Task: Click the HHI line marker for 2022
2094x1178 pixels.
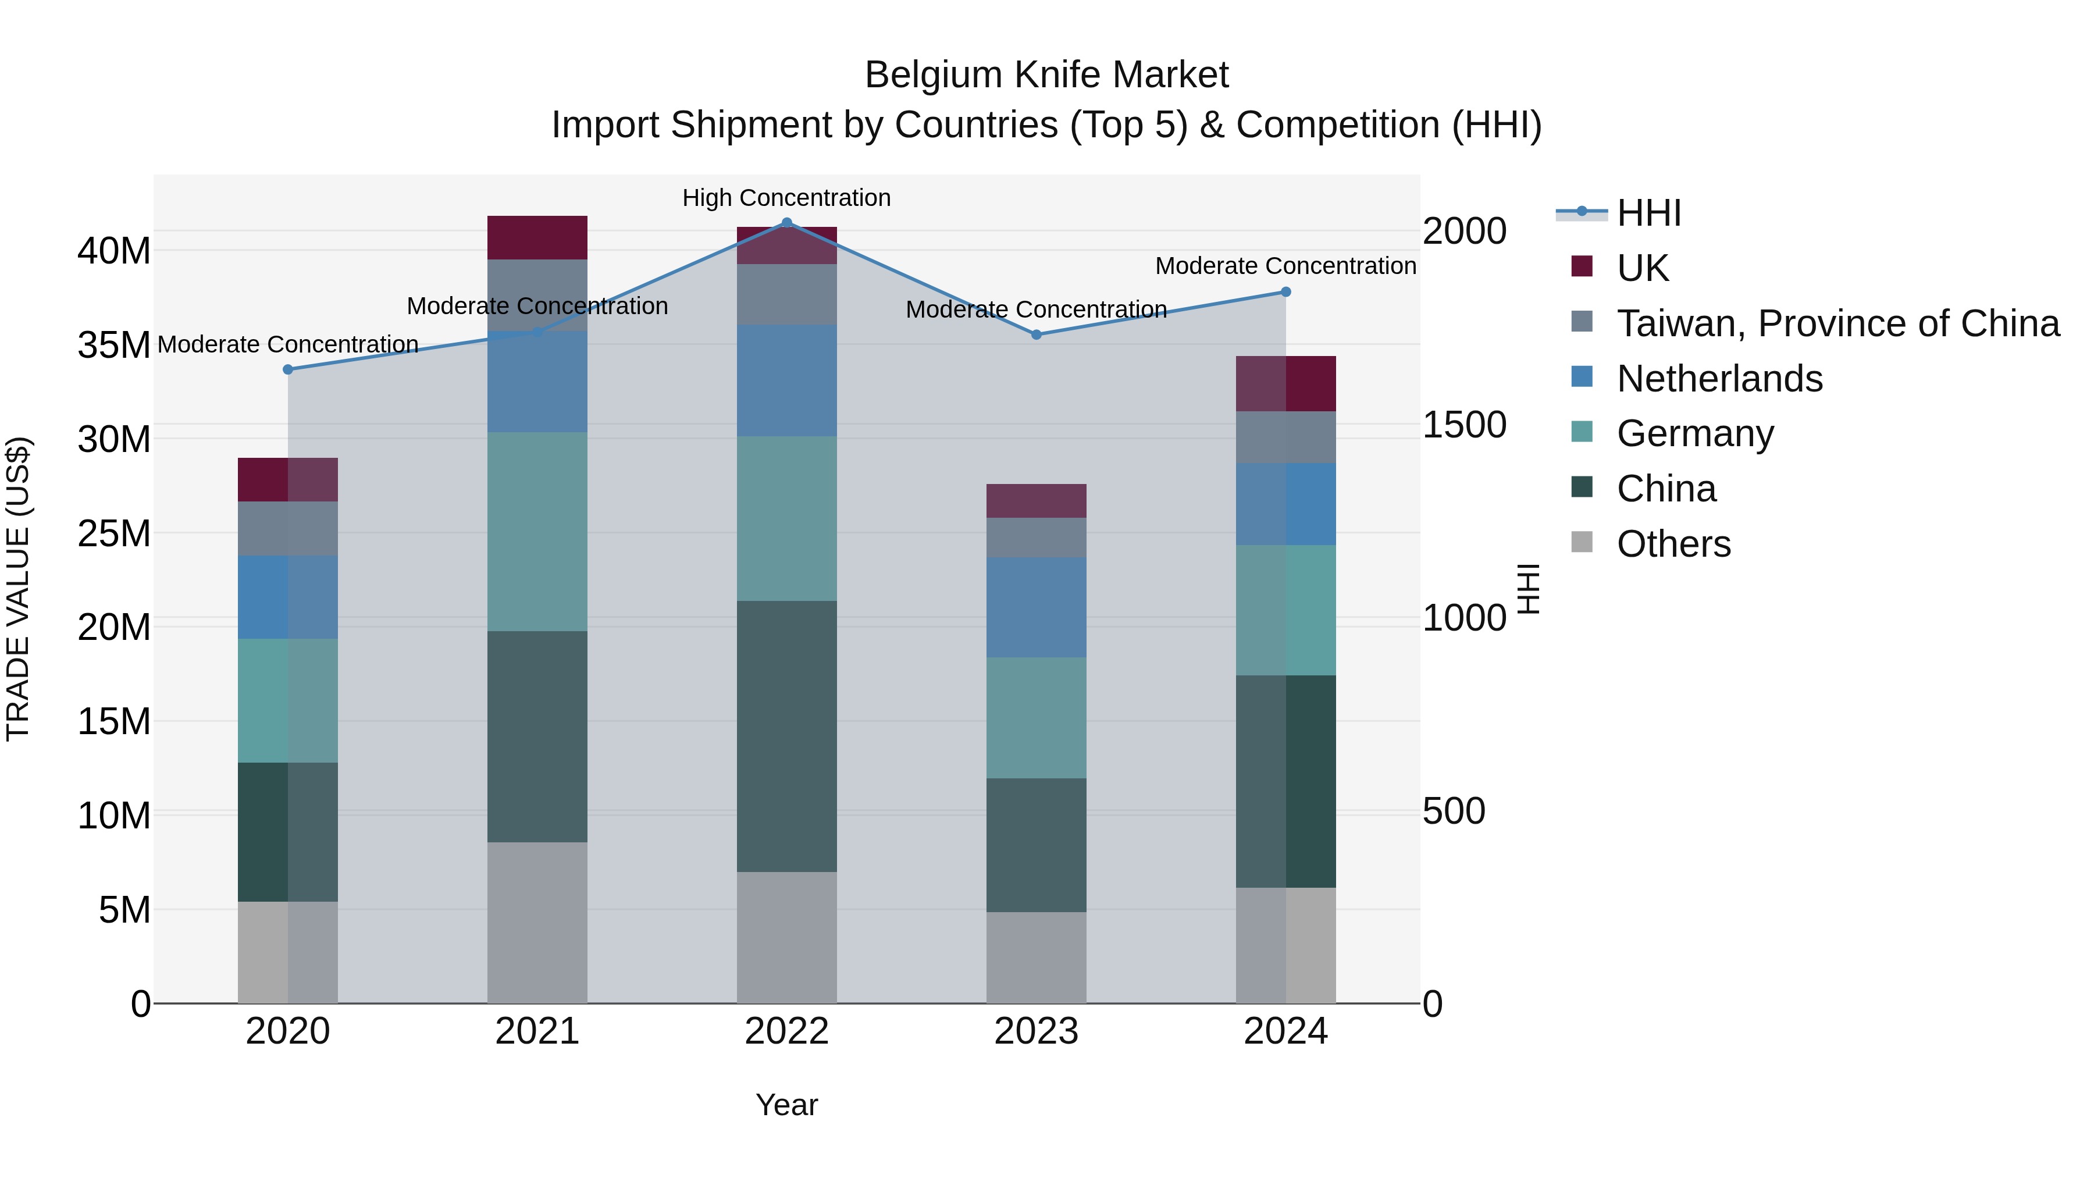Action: [x=786, y=223]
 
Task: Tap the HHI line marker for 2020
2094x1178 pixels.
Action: [x=288, y=370]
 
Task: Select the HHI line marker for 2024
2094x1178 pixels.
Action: [x=1285, y=292]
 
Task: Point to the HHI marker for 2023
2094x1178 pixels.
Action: [x=1035, y=335]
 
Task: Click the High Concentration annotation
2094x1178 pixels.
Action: [x=786, y=198]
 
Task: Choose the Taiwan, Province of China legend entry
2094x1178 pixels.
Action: [x=1837, y=323]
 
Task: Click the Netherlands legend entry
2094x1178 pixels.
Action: [x=1719, y=379]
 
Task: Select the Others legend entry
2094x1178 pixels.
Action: [x=1673, y=544]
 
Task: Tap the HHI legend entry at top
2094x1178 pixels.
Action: [x=1648, y=213]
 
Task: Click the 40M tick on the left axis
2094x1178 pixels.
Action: [x=114, y=251]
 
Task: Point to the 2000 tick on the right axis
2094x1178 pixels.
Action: [x=1464, y=232]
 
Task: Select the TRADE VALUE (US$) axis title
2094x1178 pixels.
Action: [x=18, y=589]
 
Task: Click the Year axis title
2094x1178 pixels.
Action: [x=786, y=1105]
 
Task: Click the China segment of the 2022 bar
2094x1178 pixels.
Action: [x=786, y=736]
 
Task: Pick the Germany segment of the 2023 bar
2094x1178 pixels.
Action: [x=1035, y=718]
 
